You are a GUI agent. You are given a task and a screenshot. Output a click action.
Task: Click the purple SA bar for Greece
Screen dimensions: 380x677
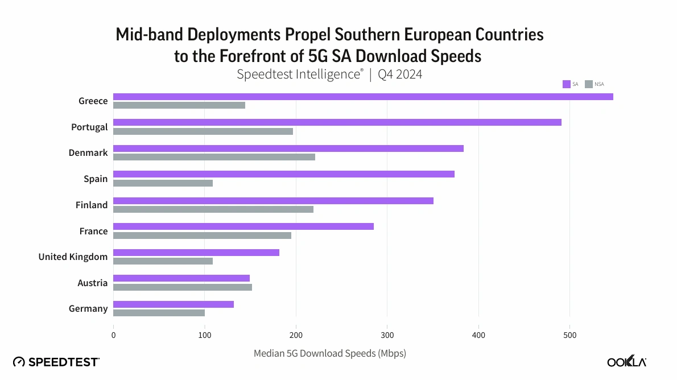[x=363, y=97]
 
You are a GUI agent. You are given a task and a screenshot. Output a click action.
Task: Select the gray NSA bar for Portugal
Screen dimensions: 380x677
[x=203, y=131]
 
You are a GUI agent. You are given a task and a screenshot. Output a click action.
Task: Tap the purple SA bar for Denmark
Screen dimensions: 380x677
[x=288, y=148]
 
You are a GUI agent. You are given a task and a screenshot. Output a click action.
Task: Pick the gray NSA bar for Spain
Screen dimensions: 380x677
[x=163, y=183]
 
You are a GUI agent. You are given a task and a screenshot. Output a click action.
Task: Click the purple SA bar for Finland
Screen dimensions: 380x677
[x=273, y=201]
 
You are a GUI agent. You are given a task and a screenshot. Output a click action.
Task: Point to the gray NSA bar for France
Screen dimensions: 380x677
[x=202, y=236]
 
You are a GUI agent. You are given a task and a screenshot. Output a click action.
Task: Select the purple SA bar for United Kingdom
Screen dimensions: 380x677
[x=196, y=253]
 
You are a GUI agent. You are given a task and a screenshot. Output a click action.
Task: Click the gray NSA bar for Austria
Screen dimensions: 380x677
[x=183, y=287]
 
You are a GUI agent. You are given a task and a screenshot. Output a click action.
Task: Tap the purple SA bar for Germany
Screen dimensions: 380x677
[x=174, y=304]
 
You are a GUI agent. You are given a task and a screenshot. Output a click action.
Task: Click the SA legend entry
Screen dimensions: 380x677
[x=571, y=84]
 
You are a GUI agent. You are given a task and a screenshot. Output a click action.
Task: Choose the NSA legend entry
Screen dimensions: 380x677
[x=595, y=84]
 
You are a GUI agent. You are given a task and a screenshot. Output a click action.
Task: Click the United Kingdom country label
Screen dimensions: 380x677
[x=73, y=257]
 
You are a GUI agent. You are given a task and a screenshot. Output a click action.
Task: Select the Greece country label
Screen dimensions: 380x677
[x=93, y=101]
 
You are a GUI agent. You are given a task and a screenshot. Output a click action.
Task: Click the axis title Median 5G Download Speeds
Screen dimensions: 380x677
[x=329, y=353]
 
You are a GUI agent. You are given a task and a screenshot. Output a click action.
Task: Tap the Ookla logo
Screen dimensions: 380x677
[x=626, y=362]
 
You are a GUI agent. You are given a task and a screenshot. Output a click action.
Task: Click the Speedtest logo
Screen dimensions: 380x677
[x=56, y=362]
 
